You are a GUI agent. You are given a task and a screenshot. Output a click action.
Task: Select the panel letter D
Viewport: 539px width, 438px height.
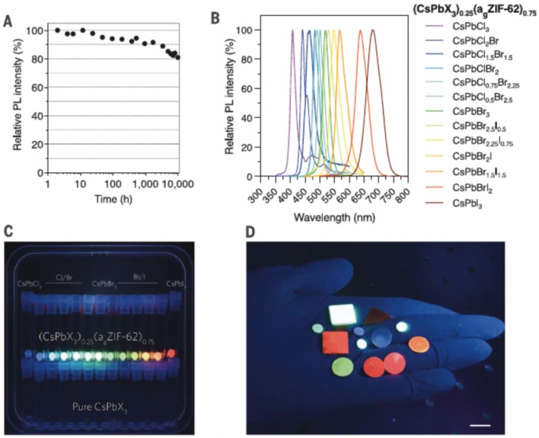coord(251,231)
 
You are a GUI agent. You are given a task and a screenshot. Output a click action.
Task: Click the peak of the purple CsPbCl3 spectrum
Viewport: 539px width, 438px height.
coord(292,30)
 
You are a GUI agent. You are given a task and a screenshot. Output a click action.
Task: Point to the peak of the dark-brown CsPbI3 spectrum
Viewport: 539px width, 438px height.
coord(373,30)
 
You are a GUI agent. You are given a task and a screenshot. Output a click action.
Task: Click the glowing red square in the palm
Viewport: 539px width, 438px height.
coord(335,343)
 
